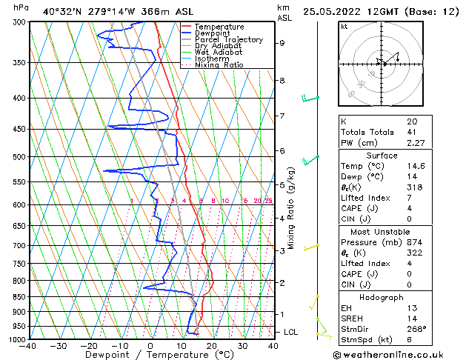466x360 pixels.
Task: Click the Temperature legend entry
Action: [x=219, y=27]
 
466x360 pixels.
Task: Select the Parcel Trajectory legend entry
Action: [x=228, y=39]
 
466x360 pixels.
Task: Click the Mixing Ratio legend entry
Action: [x=219, y=65]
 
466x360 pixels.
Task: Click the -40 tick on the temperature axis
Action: [x=28, y=346]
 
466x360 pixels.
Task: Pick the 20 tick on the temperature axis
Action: [x=211, y=346]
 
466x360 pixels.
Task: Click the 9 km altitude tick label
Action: [x=282, y=43]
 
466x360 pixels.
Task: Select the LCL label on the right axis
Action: [x=290, y=332]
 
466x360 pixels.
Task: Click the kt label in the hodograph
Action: [x=344, y=26]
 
